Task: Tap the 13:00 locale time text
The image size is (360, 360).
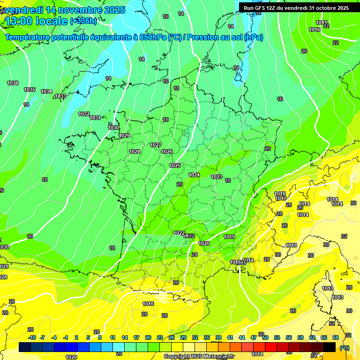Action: pyautogui.click(x=37, y=21)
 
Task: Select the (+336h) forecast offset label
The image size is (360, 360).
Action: pyautogui.click(x=83, y=21)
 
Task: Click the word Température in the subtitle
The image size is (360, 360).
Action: pyautogui.click(x=30, y=37)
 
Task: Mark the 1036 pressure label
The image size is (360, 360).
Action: pyautogui.click(x=13, y=83)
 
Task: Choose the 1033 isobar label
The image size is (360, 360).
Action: pyautogui.click(x=60, y=96)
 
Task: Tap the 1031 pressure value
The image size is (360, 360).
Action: pyautogui.click(x=95, y=118)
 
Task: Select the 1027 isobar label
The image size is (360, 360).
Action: pyautogui.click(x=156, y=145)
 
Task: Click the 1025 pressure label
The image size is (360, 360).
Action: pyautogui.click(x=175, y=165)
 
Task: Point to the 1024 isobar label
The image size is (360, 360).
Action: pyautogui.click(x=194, y=175)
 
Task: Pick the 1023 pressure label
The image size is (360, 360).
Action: pyautogui.click(x=217, y=177)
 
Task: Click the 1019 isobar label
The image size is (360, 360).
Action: pyautogui.click(x=229, y=237)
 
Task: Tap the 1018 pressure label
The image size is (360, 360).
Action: pyautogui.click(x=280, y=194)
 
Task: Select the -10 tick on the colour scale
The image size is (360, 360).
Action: pyautogui.click(x=32, y=337)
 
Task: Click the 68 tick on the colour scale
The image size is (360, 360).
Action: pyautogui.click(x=336, y=337)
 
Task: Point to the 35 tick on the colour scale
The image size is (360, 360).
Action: pyautogui.click(x=207, y=337)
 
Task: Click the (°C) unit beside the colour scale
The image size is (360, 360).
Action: pyautogui.click(x=344, y=347)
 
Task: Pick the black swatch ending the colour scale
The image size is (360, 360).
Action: pyautogui.click(x=330, y=347)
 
